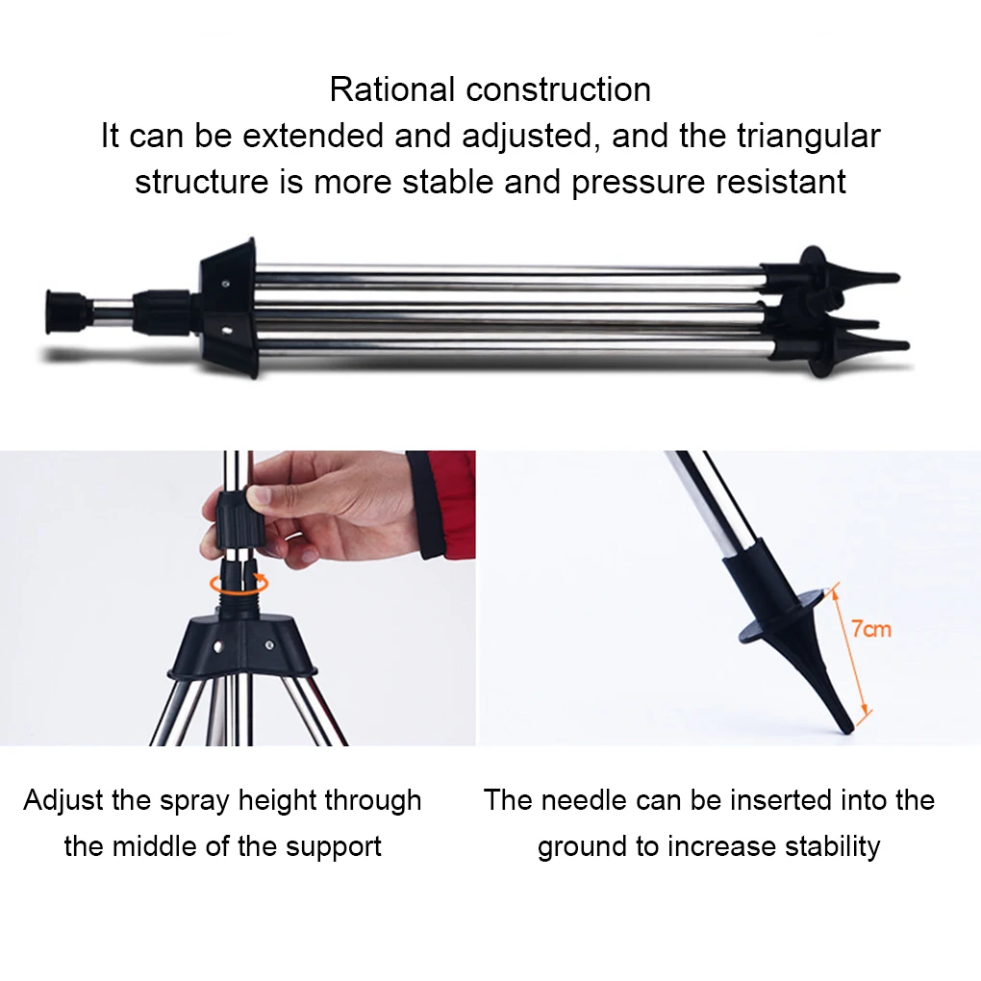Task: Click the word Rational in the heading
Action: coord(391,89)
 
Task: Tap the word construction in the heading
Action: coord(558,89)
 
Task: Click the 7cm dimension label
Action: coord(871,629)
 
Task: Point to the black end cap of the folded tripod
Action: coord(65,311)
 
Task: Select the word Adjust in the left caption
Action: coord(64,801)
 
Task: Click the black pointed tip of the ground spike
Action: coord(845,726)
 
